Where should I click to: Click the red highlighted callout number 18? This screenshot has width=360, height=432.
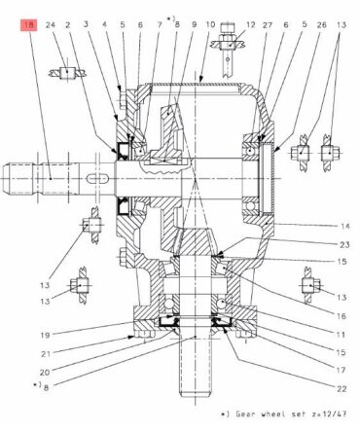pyautogui.click(x=29, y=25)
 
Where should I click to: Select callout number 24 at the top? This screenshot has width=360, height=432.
pyautogui.click(x=51, y=25)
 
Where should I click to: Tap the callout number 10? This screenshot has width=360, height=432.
pyautogui.click(x=210, y=24)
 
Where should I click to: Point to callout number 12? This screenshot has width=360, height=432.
pyautogui.click(x=251, y=24)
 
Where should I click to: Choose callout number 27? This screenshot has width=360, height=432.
pyautogui.click(x=268, y=24)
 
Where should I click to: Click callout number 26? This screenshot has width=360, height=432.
pyautogui.click(x=321, y=24)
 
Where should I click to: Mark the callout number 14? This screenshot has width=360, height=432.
pyautogui.click(x=345, y=226)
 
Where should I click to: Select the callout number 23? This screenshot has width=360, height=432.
pyautogui.click(x=344, y=244)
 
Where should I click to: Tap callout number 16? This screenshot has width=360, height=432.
pyautogui.click(x=342, y=315)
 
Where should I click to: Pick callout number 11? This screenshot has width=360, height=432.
pyautogui.click(x=341, y=334)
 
